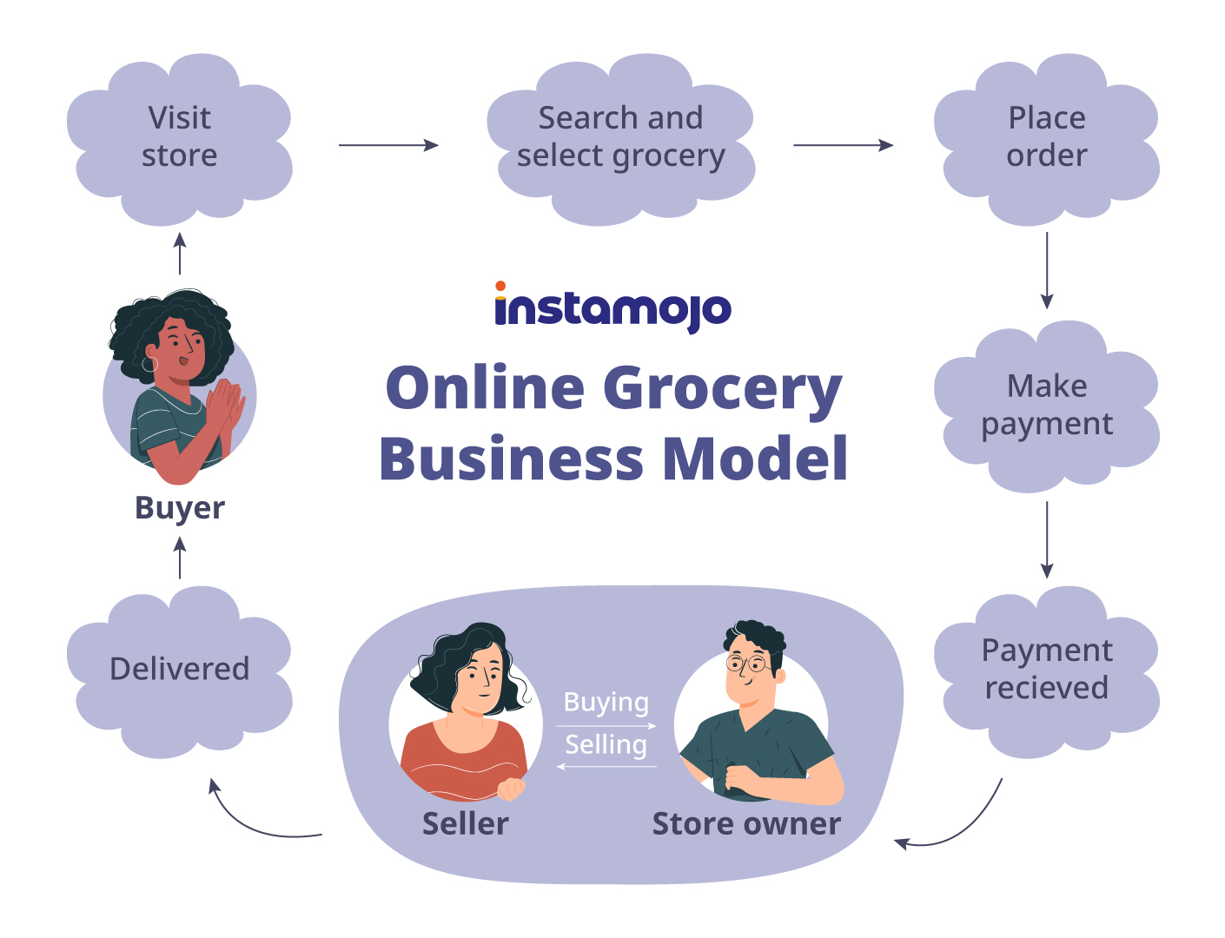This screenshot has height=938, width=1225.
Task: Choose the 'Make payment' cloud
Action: click(1047, 405)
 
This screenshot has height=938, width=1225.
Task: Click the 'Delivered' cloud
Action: click(180, 669)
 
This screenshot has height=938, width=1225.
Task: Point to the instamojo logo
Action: click(613, 308)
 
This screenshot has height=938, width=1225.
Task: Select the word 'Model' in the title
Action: click(755, 459)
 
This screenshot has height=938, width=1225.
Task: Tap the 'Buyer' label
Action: click(180, 507)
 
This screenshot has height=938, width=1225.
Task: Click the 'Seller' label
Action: click(466, 823)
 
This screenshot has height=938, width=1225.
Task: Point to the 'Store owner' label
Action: click(746, 823)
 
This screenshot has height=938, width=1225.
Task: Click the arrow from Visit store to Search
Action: click(388, 145)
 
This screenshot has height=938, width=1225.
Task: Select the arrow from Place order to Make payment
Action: click(1047, 269)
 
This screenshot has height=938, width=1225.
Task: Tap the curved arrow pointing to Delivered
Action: click(252, 821)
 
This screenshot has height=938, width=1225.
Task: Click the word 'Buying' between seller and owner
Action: click(606, 702)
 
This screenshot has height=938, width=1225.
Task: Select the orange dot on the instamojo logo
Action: click(500, 286)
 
